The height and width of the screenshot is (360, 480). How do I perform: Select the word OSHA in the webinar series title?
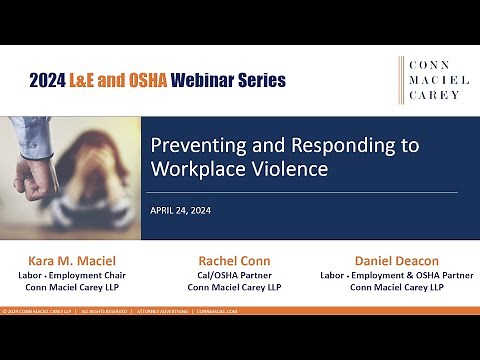click(x=149, y=78)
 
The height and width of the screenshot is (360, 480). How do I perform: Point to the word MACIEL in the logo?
click(x=433, y=81)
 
